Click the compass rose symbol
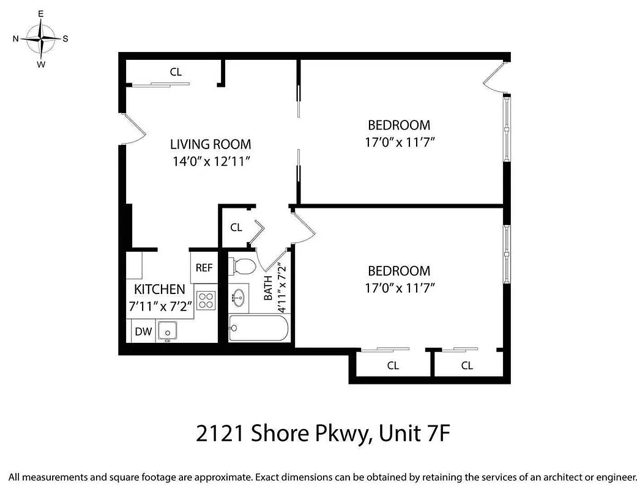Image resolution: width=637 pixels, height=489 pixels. pyautogui.click(x=40, y=39)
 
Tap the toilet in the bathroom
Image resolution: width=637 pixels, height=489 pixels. pyautogui.click(x=244, y=266)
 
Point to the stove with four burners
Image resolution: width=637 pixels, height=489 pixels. pyautogui.click(x=206, y=300)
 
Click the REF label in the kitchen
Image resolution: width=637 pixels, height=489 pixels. pyautogui.click(x=204, y=268)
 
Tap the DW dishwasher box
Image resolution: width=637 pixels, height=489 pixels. pyautogui.click(x=143, y=332)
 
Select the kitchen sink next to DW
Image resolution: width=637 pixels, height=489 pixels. pyautogui.click(x=167, y=331)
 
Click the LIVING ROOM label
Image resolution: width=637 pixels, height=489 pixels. pyautogui.click(x=210, y=145)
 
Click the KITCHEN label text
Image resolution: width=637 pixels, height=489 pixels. pyautogui.click(x=160, y=289)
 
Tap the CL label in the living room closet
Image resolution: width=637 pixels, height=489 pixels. pyautogui.click(x=176, y=72)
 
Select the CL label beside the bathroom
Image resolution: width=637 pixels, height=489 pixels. pyautogui.click(x=236, y=227)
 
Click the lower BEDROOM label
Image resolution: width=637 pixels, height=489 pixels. pyautogui.click(x=398, y=271)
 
